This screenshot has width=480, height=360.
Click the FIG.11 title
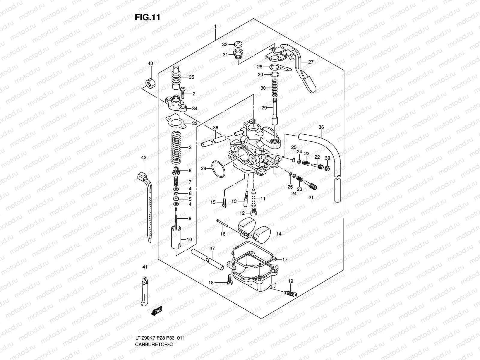147,17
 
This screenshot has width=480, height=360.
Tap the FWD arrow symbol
157,311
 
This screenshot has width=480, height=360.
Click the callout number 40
150,63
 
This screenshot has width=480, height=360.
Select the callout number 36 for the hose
321,127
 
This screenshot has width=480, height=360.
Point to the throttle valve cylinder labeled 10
176,238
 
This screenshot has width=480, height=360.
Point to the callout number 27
310,62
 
